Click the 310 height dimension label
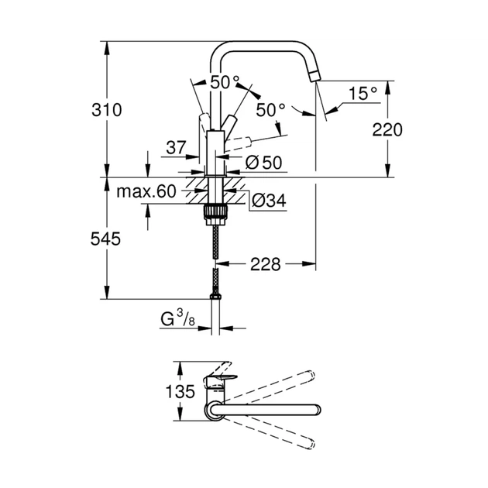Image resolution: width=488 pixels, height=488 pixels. click(107, 110)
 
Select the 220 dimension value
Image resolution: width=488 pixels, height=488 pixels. click(387, 129)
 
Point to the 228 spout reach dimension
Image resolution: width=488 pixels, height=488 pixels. click(264, 265)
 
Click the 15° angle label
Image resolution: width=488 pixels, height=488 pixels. click(362, 93)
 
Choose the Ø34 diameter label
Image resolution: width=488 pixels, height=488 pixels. click(270, 201)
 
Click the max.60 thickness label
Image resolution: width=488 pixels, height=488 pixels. click(147, 191)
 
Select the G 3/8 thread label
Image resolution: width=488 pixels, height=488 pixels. click(177, 317)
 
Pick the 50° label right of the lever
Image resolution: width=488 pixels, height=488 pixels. click(270, 110)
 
